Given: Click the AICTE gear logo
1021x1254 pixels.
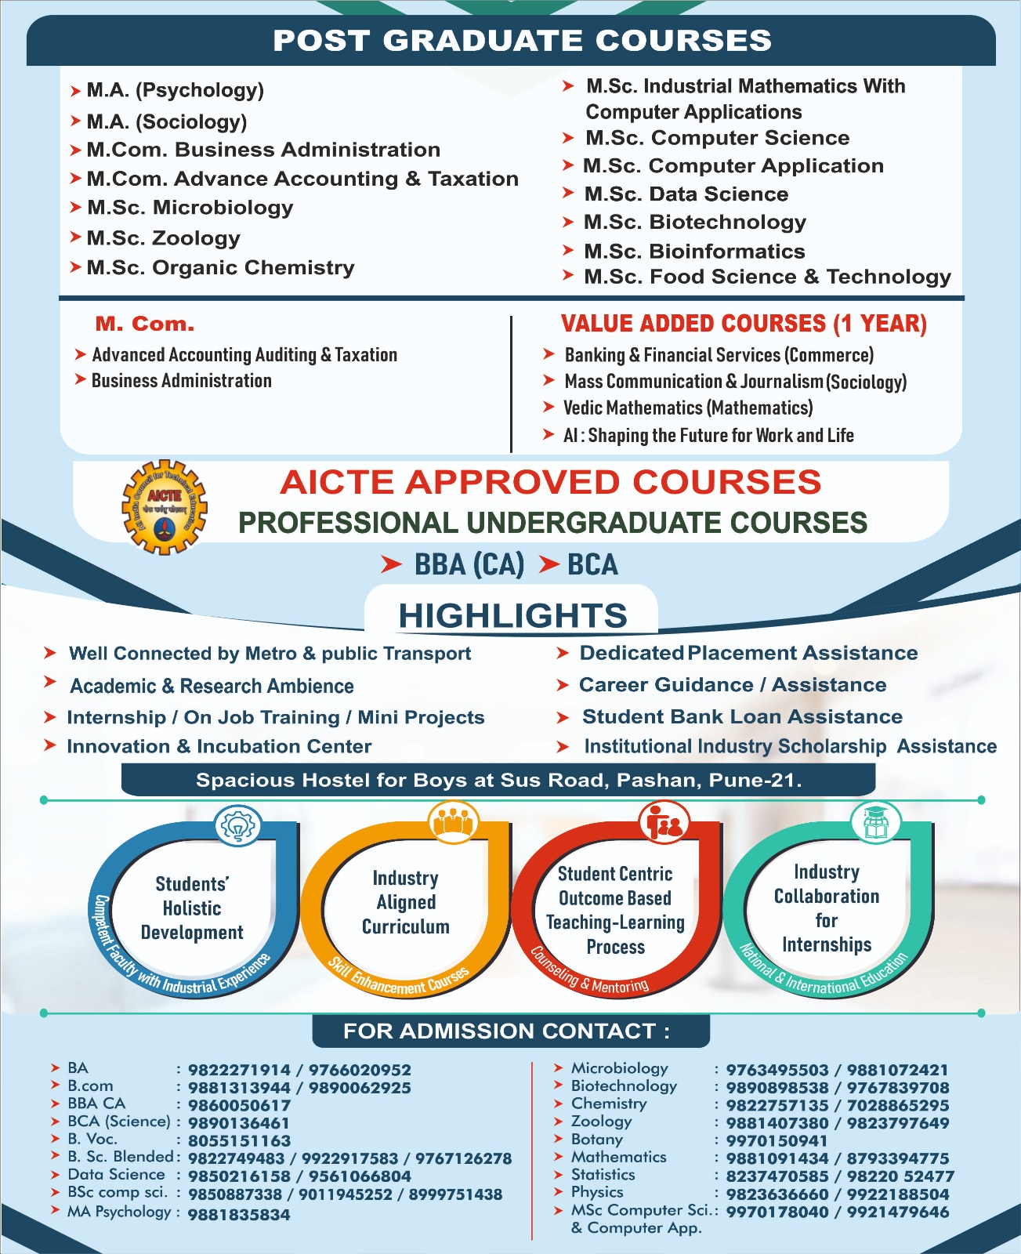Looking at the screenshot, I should click(x=164, y=507).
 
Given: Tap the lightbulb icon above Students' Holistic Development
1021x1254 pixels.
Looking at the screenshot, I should click(x=237, y=826).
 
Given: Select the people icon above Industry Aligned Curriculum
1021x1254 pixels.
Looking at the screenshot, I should click(x=452, y=822).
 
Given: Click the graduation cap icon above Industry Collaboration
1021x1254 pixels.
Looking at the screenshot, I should click(x=875, y=822).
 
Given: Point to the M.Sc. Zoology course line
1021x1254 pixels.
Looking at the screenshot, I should click(x=163, y=237).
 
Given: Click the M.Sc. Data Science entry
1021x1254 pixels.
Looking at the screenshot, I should click(x=686, y=194).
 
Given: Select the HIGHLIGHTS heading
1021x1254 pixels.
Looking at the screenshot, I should click(x=512, y=615).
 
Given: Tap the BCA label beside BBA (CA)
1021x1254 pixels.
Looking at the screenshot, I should click(x=592, y=564).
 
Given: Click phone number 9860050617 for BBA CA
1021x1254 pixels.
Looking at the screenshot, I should click(x=239, y=1105).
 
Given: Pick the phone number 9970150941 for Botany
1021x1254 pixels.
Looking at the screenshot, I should click(x=777, y=1140).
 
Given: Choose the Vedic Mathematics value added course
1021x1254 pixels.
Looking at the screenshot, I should click(x=688, y=408).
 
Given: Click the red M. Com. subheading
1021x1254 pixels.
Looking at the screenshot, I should click(x=145, y=324).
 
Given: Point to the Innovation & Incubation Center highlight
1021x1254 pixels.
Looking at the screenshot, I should click(x=219, y=746).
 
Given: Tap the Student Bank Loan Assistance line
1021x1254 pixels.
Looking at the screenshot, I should click(x=741, y=716).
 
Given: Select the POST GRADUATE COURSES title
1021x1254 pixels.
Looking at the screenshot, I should click(x=522, y=41).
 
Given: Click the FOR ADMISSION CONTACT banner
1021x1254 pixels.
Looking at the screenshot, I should click(x=507, y=1031).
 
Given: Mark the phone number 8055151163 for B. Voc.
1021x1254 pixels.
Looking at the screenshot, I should click(x=239, y=1140).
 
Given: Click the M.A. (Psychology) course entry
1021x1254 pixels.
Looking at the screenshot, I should click(x=175, y=90).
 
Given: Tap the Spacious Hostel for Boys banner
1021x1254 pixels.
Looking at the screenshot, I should click(x=498, y=780).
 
